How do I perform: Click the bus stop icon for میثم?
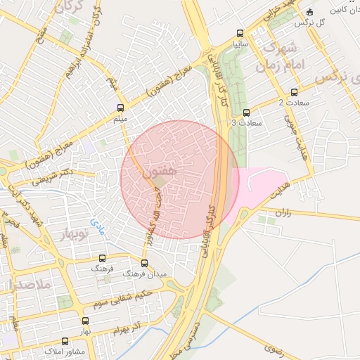pos(121,108)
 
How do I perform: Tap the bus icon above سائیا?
pos(240,33)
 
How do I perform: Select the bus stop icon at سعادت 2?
pos(294,91)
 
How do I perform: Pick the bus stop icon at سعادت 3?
pos(246,112)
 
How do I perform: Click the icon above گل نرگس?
pos(310,11)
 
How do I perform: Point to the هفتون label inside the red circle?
pos(159,170)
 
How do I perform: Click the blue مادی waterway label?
pos(95,225)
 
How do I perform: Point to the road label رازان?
pos(283,211)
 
